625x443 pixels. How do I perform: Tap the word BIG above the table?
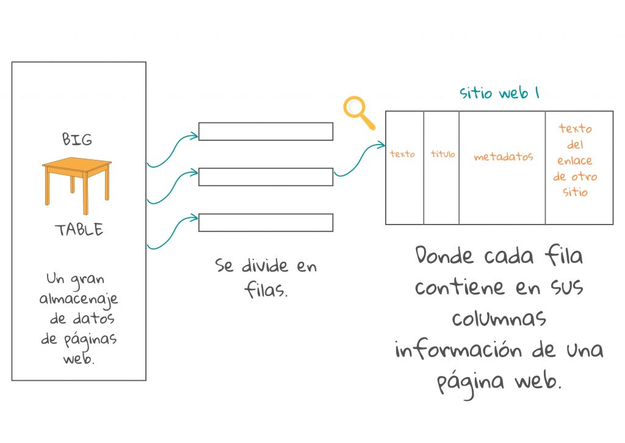click(x=77, y=139)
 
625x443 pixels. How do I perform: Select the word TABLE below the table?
click(x=79, y=230)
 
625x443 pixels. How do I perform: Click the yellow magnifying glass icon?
click(x=358, y=112)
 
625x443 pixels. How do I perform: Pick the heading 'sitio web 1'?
click(x=499, y=93)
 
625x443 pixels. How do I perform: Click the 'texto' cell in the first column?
click(x=402, y=154)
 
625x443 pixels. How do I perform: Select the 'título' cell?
click(x=443, y=154)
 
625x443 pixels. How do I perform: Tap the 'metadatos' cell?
click(x=503, y=157)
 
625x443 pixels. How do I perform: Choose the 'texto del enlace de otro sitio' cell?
click(x=576, y=160)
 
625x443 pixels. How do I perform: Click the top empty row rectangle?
click(x=266, y=132)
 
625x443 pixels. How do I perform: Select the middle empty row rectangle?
click(x=266, y=177)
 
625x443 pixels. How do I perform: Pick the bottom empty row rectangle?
click(x=266, y=223)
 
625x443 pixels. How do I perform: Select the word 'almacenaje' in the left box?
click(x=79, y=300)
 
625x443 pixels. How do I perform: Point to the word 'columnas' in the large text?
click(x=499, y=318)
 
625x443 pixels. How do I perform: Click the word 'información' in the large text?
click(x=456, y=351)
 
